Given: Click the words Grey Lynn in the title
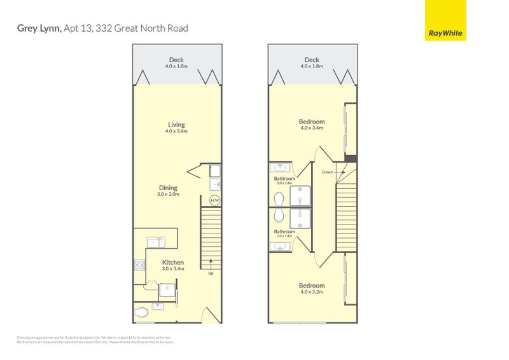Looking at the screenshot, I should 39,28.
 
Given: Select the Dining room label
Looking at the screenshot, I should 169,188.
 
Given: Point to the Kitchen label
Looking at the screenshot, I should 173,262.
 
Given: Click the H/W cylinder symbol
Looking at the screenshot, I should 214,201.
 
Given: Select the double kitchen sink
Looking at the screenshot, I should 156,242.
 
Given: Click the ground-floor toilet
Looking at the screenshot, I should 142,312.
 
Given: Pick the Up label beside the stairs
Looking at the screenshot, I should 210,273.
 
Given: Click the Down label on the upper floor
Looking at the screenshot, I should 327,172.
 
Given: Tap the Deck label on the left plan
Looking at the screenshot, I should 176,60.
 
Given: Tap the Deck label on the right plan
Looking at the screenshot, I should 312,60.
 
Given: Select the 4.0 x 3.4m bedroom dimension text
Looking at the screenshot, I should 312,128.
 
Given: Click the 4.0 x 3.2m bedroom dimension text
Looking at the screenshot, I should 312,293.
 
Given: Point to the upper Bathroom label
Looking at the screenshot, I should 284,179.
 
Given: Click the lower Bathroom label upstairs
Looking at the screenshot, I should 284,232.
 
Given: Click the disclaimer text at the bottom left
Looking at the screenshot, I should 94,340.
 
